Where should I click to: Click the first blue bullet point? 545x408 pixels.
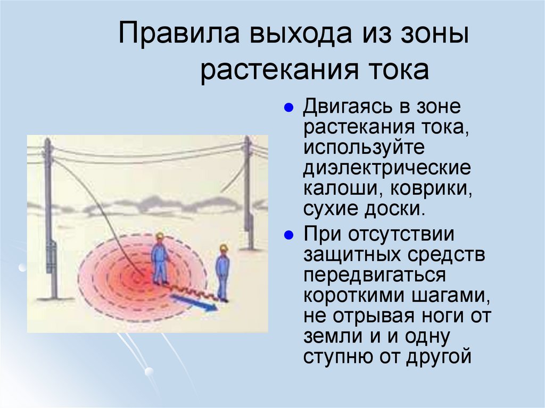[x=288, y=107]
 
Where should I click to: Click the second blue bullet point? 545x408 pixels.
[x=288, y=235]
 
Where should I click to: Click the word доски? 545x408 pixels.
[x=400, y=208]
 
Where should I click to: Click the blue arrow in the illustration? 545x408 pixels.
[x=194, y=303]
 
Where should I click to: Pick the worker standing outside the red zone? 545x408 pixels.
[x=222, y=271]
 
